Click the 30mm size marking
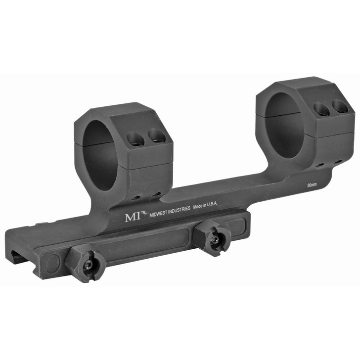click(x=312, y=185)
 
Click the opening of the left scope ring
click(x=97, y=153)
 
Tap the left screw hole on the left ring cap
click(x=135, y=140)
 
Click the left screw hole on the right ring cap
click(x=321, y=109)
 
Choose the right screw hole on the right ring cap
click(x=339, y=106)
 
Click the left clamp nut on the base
click(x=88, y=265)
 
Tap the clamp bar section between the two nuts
click(x=148, y=247)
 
